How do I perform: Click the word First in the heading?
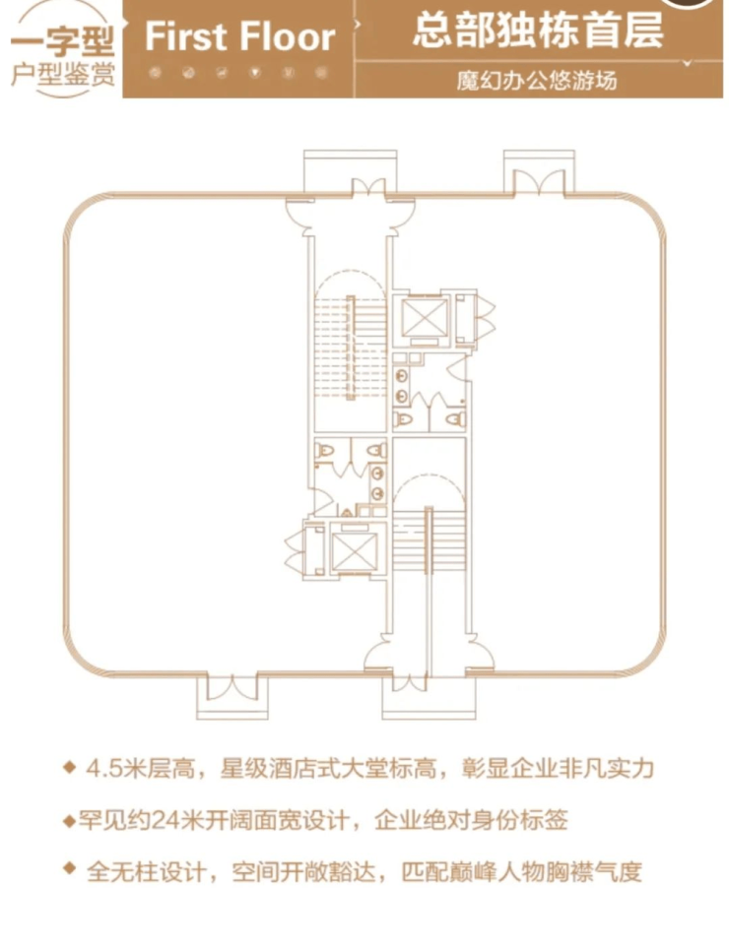click(x=184, y=36)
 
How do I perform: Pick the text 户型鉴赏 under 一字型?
click(x=63, y=75)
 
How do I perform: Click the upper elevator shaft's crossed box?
click(x=424, y=317)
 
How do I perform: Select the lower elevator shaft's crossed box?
click(x=355, y=550)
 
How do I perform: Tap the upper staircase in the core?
click(x=350, y=348)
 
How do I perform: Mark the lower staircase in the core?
click(x=429, y=541)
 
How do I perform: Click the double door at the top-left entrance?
click(x=368, y=187)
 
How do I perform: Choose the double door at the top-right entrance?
click(x=539, y=181)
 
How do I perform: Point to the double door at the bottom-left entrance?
click(x=232, y=686)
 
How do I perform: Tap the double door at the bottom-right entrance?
click(x=410, y=682)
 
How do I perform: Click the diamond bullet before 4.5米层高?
click(x=70, y=767)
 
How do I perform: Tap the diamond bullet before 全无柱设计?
click(x=70, y=869)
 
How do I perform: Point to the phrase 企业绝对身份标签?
click(x=471, y=820)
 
